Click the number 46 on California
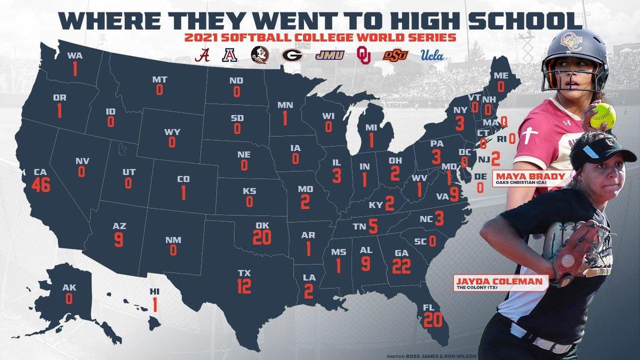41,186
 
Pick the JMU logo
329,54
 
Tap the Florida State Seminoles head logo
260,55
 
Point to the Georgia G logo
292,55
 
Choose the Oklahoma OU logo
364,55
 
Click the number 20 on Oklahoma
262,237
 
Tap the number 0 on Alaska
69,299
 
